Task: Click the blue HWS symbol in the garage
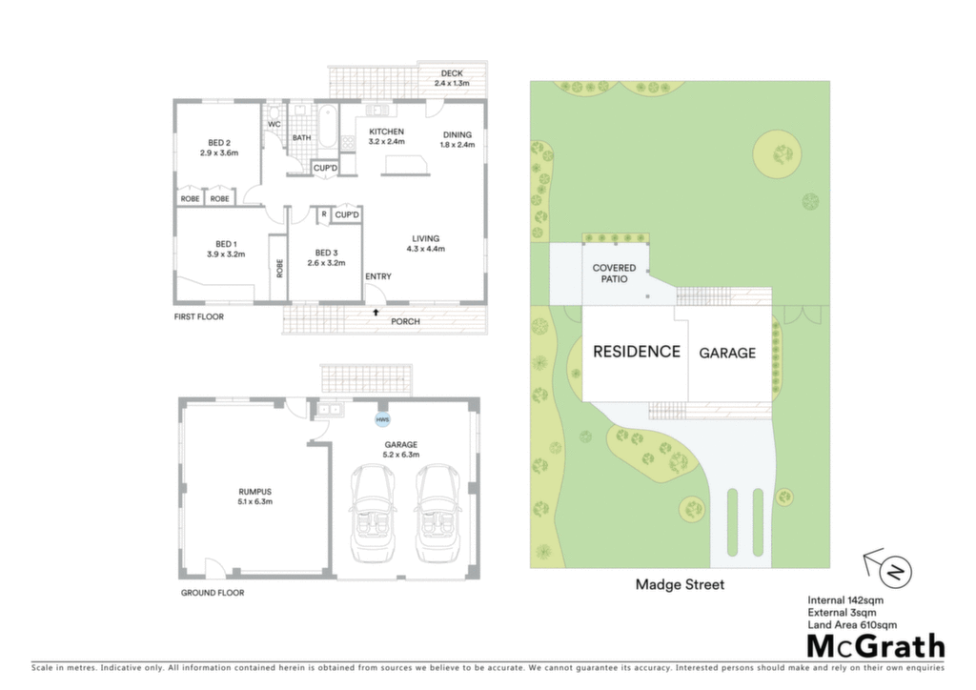click(382, 419)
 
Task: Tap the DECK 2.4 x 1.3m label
click(452, 78)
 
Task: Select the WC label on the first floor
click(274, 124)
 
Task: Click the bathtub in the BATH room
click(328, 126)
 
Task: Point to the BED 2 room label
click(219, 148)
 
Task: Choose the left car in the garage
click(373, 513)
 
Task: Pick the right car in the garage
click(437, 513)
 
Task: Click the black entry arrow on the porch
click(376, 313)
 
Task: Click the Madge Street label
click(680, 584)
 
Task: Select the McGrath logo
click(876, 646)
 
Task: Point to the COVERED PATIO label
click(615, 274)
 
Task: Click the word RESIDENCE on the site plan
click(636, 352)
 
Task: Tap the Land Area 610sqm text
click(852, 624)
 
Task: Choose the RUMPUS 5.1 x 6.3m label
click(255, 497)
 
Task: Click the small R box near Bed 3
click(324, 214)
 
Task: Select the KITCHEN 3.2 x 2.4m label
click(387, 136)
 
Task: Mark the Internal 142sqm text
click(845, 600)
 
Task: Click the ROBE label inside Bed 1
click(279, 268)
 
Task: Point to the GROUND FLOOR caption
click(213, 593)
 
